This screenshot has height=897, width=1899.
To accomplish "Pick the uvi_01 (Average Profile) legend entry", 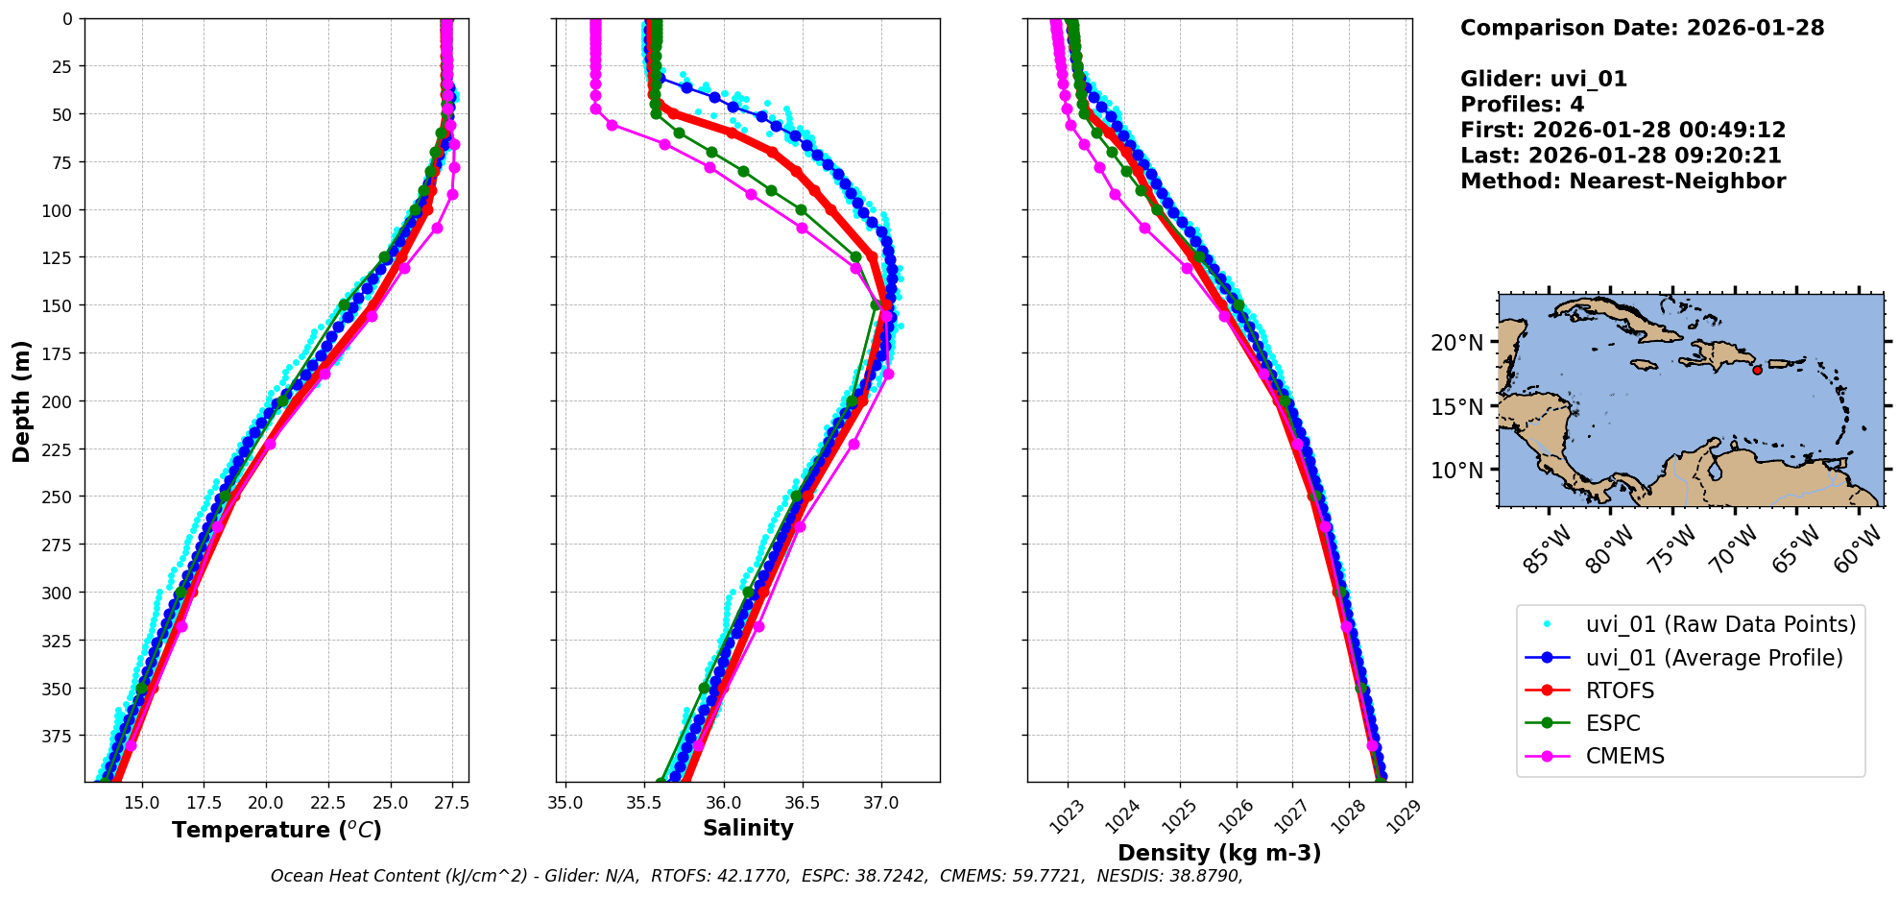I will [x=1714, y=658].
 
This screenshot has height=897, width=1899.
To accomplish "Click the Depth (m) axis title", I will [x=21, y=400].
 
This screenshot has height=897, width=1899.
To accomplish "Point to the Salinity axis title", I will [x=748, y=829].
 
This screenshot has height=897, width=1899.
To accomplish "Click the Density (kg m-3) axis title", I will [x=1219, y=853].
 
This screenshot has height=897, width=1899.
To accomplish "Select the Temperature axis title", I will [x=276, y=830].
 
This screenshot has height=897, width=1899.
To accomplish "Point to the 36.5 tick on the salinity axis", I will [x=802, y=802].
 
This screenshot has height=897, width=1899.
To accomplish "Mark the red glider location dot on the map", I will [x=1757, y=370].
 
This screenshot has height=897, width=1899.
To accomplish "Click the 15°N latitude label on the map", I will [x=1456, y=407].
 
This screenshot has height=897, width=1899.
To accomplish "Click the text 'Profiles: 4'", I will [x=1522, y=105].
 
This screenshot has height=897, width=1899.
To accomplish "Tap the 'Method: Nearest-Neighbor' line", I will [x=1623, y=182].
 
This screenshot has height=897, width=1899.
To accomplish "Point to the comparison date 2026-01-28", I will [x=1755, y=28].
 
